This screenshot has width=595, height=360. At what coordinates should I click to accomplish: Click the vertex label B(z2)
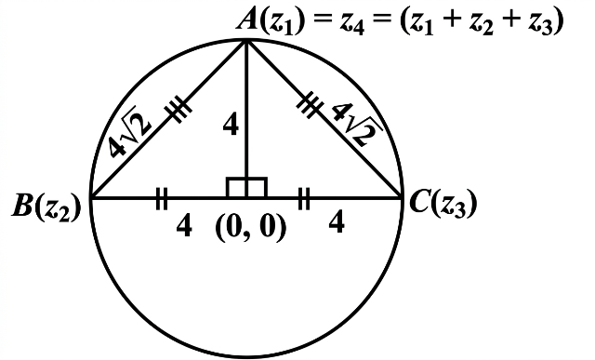point(46,207)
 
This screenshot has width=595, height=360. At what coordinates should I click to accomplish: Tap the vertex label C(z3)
point(443,204)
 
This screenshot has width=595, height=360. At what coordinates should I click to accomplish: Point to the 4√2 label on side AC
point(358,125)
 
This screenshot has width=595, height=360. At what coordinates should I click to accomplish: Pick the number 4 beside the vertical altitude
point(231,126)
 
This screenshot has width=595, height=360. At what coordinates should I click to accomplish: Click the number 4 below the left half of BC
point(184,225)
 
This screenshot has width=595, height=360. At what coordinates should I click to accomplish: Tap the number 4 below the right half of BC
point(337,221)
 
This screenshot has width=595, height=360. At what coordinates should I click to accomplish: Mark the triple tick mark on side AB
point(178,109)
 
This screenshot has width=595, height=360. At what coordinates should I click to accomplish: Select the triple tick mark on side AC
point(311,104)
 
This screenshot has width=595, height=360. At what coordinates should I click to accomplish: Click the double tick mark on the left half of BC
point(162,198)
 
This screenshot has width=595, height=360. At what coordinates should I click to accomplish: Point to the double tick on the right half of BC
point(304,198)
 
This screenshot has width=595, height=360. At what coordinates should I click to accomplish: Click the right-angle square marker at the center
point(246,187)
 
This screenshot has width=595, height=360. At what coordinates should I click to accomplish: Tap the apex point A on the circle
point(246,41)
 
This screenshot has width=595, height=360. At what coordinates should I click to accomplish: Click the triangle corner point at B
point(92,197)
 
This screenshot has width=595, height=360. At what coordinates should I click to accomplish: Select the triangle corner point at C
point(402,197)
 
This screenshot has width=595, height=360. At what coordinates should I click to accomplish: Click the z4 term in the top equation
point(351,23)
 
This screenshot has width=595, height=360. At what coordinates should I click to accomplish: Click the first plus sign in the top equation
point(451,20)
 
